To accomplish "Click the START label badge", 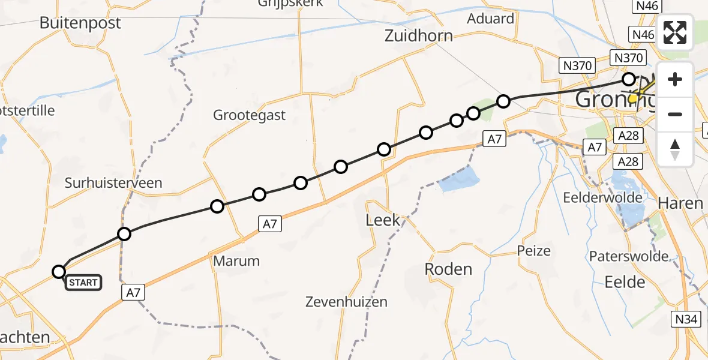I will click(x=83, y=283).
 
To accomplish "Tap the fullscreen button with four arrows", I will click(x=675, y=32).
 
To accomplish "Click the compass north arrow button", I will click(x=675, y=149).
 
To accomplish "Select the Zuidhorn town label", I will click(x=419, y=36).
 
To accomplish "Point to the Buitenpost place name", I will click(x=80, y=23).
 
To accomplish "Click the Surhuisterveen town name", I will click(x=113, y=182).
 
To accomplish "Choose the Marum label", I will click(x=236, y=261).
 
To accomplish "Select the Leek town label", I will click(x=383, y=220).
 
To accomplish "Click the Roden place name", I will click(x=448, y=269).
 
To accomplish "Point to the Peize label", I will click(x=533, y=250).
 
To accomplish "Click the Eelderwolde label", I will click(x=602, y=197).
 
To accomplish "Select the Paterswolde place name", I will click(x=629, y=256).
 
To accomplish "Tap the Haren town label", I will click(x=680, y=203).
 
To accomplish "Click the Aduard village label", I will click(x=490, y=19).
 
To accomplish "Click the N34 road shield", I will click(x=685, y=319).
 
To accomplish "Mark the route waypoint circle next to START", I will click(x=59, y=272).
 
